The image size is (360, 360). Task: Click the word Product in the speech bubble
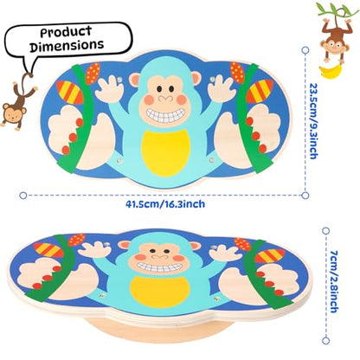[66, 32]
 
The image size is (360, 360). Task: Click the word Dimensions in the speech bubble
[67, 46]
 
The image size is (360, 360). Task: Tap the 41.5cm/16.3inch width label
[165, 204]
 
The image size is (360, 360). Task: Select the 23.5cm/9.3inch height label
[313, 121]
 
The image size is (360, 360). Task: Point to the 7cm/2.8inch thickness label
[333, 281]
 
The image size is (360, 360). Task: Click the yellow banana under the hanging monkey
[331, 71]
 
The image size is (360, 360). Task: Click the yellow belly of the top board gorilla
[166, 152]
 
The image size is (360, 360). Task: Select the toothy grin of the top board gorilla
[165, 115]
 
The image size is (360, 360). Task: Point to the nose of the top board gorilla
[165, 99]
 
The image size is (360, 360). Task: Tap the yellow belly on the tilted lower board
[159, 292]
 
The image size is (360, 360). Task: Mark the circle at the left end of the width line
[23, 196]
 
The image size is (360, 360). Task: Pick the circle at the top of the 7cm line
[325, 230]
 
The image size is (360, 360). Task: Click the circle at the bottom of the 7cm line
[325, 341]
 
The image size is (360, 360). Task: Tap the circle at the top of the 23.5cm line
[305, 50]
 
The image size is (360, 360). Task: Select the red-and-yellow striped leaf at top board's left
[70, 92]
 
